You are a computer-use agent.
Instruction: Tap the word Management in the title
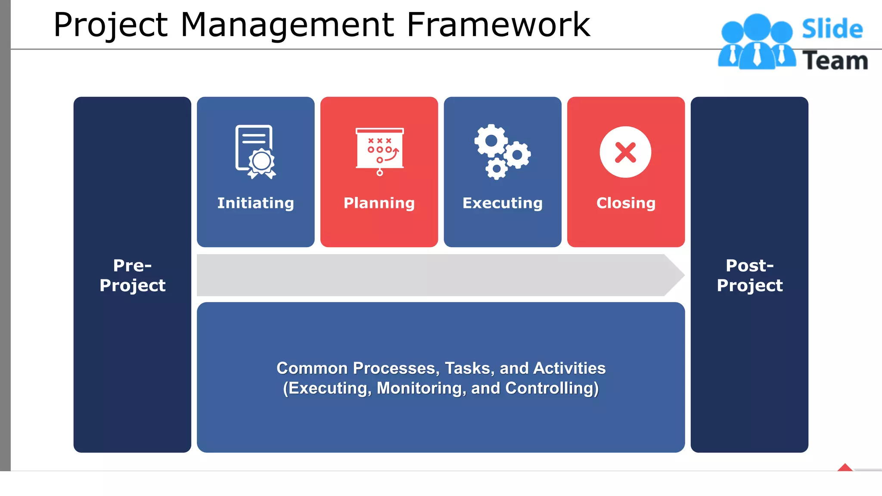point(287,25)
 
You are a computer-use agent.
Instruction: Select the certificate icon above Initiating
point(255,152)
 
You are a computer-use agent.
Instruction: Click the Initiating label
point(255,203)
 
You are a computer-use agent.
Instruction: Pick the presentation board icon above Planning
point(379,151)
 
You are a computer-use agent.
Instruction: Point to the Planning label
point(379,203)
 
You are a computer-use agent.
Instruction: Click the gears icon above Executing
point(502,152)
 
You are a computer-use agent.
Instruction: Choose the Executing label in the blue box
point(503,203)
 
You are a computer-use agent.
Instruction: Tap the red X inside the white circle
point(625,152)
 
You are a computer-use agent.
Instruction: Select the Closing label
point(626,203)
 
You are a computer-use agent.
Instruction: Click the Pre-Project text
point(132,275)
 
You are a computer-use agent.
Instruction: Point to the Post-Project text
point(749,275)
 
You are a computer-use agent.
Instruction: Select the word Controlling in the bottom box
point(551,388)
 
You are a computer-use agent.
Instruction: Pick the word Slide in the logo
point(832,29)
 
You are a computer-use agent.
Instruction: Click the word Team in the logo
point(835,61)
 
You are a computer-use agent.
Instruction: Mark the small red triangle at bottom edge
point(845,468)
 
